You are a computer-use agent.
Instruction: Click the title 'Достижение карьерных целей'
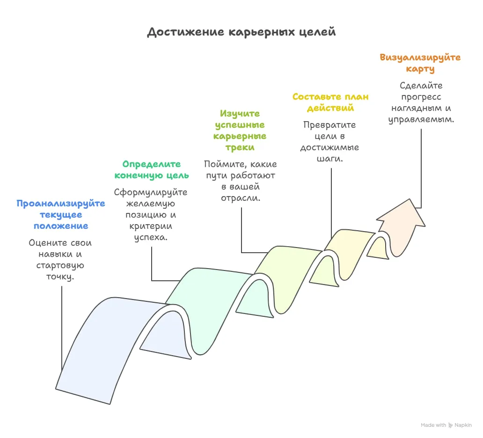241,32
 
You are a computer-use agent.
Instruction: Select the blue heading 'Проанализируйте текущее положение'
61,215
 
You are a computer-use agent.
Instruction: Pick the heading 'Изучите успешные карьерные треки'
240,131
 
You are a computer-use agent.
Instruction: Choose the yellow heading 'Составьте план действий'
330,102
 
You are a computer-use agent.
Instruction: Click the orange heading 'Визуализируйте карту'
420,63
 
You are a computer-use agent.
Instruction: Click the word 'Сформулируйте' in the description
151,192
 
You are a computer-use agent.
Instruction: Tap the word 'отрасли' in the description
240,197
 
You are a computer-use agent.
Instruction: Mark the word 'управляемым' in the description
421,119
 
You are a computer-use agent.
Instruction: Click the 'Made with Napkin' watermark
446,425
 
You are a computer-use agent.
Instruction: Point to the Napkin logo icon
451,425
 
